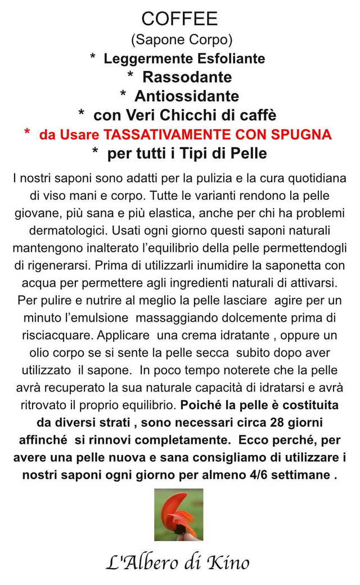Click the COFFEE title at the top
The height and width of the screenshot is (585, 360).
point(179,19)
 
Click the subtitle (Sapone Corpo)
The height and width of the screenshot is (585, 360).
point(182,40)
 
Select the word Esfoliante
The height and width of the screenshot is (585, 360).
point(232,58)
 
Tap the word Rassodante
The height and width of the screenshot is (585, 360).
point(187,76)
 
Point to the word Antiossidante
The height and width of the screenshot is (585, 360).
point(187,96)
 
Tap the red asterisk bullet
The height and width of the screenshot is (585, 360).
point(27,133)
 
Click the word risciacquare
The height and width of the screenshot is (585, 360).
point(58,335)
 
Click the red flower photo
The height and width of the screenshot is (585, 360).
point(179,514)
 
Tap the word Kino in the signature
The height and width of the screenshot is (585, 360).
point(228,562)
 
